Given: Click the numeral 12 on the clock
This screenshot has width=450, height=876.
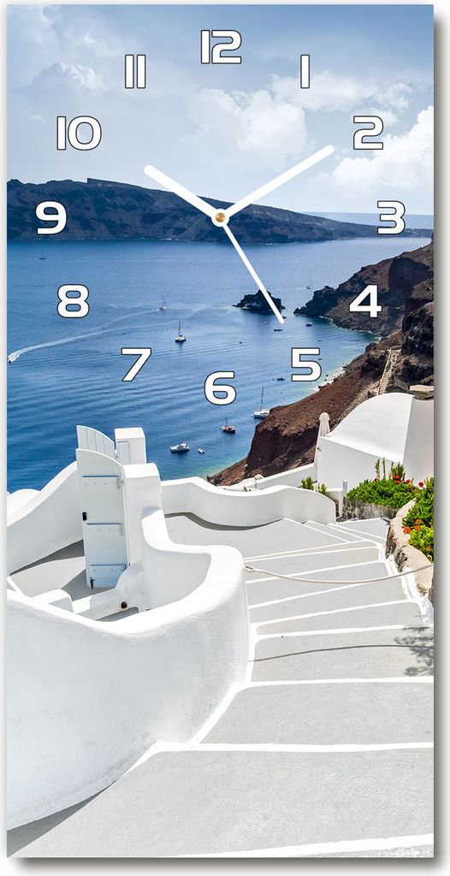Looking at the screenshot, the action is point(222,46).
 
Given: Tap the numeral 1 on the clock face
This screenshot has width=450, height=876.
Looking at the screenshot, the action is point(305,71).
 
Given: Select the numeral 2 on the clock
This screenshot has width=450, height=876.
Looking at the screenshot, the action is point(369,133).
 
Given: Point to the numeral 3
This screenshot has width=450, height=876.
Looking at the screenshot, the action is point(391,217).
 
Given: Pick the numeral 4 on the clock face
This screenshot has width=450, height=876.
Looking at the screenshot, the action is point(365,301).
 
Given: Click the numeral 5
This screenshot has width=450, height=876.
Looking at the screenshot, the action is point(306,364).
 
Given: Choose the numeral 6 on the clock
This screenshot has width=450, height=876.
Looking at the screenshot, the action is point(220,388).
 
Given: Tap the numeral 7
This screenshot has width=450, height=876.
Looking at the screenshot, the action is point(136,364).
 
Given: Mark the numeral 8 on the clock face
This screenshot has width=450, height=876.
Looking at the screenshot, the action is point(74,301).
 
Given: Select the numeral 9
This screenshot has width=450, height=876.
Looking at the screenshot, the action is point(51,217).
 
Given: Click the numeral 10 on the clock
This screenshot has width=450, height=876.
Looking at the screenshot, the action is point(79,133).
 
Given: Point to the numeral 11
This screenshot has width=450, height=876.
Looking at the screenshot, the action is point(135,71).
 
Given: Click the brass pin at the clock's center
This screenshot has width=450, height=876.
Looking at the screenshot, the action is point(220,217).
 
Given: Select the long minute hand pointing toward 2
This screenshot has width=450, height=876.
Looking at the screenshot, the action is point(278,181).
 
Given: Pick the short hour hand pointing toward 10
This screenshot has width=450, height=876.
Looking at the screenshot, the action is point(181,191).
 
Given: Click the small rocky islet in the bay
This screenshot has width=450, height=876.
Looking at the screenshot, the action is point(259,301).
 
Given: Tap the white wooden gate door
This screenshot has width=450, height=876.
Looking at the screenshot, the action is point(103,518).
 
